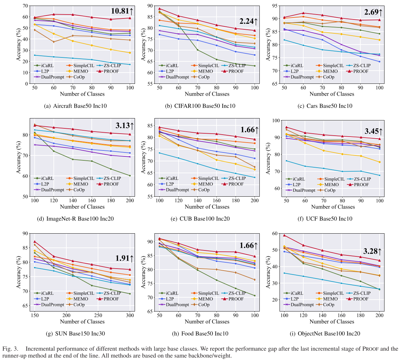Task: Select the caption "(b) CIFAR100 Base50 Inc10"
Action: [200, 106]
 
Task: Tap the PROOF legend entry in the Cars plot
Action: [361, 71]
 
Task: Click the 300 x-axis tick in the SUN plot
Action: [130, 315]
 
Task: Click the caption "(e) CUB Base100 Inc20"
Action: [200, 219]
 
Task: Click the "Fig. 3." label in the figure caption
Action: [10, 349]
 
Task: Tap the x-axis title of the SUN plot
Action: [82, 322]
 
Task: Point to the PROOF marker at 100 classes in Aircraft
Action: [130, 18]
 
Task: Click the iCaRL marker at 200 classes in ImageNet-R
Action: [130, 176]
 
